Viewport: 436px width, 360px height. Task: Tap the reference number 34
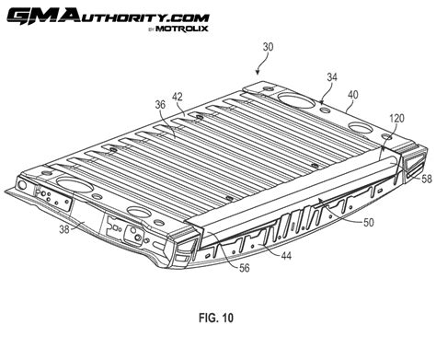[332, 78]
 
